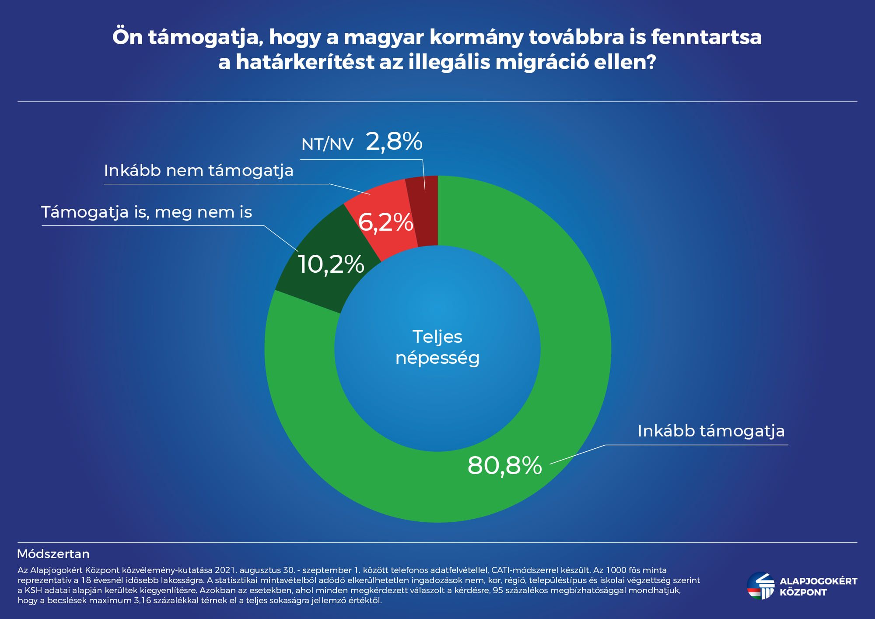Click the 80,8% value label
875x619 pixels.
pos(504,465)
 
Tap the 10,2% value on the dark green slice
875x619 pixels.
pos(331,264)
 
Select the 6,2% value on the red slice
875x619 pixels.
pos(385,222)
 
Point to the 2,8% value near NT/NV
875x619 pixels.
pos(394,141)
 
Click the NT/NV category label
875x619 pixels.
pos(327,144)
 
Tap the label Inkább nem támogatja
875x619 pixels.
pos(199,171)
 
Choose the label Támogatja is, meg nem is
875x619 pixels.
pos(147,212)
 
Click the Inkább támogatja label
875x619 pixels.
pos(711,431)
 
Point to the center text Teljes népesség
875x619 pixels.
pos(437,348)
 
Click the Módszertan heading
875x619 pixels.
pos(53,554)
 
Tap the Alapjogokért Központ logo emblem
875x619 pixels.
pos(760,586)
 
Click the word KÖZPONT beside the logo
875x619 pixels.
pos(803,593)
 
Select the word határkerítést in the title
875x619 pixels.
pos(304,62)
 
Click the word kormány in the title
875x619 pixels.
pos(476,37)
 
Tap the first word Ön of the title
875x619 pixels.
pos(127,37)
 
